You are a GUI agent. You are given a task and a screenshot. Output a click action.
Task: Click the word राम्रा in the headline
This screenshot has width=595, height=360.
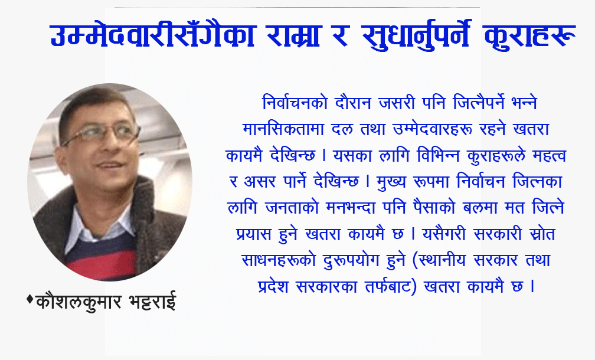pyautogui.click(x=293, y=35)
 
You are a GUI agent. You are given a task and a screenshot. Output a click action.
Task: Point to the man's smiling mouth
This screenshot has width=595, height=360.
pyautogui.click(x=110, y=165)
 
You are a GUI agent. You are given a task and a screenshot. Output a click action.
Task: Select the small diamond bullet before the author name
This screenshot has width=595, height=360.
pyautogui.click(x=30, y=299)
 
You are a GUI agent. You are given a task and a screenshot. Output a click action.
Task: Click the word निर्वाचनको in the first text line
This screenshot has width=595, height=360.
pyautogui.click(x=295, y=103)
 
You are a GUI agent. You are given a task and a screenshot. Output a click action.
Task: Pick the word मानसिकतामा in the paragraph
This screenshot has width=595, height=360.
pyautogui.click(x=283, y=129)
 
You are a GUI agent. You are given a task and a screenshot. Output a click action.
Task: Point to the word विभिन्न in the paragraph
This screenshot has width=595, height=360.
pyautogui.click(x=438, y=156)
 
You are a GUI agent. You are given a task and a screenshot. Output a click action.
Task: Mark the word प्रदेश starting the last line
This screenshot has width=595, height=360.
pyautogui.click(x=273, y=286)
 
